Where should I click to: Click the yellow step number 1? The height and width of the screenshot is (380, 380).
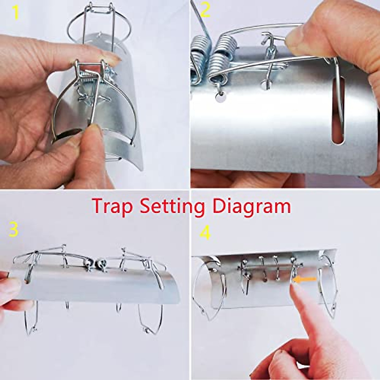[15, 13]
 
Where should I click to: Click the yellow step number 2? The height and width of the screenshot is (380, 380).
[205, 10]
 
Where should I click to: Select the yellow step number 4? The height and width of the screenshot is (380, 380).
[205, 234]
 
